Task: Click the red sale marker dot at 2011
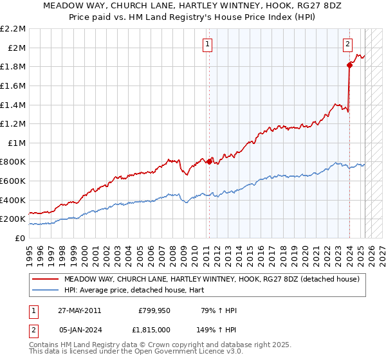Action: click(209, 161)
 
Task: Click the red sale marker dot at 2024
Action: click(349, 65)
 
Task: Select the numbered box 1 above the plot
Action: click(208, 44)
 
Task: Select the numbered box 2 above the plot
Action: click(347, 44)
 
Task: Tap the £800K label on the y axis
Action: click(14, 162)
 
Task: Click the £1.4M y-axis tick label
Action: click(14, 105)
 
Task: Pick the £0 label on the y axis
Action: click(21, 238)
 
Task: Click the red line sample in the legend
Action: click(46, 279)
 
